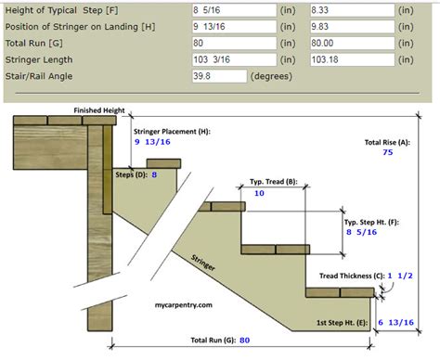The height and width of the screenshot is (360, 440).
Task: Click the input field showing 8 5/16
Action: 221,11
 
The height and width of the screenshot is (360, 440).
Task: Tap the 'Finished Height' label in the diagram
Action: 100,109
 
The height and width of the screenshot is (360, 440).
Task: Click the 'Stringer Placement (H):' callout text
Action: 173,132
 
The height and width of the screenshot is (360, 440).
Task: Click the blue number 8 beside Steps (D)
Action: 154,174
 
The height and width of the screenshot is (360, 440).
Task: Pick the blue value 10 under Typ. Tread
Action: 259,193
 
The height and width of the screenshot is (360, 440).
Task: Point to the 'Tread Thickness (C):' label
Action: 349,276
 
